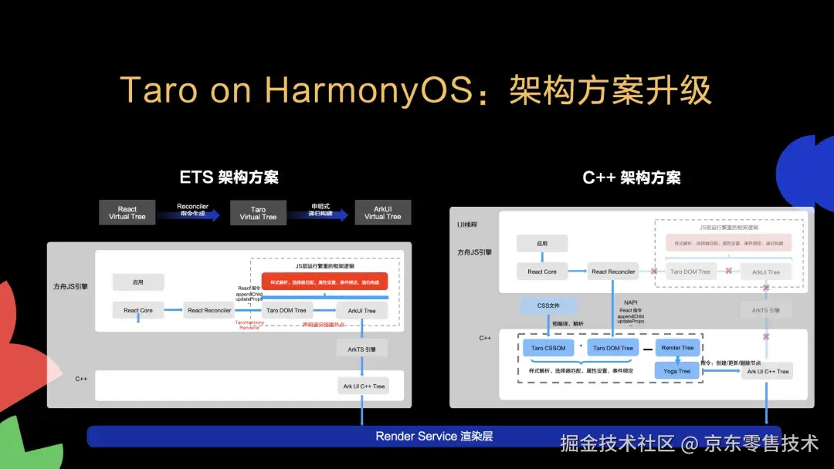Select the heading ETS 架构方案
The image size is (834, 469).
pyautogui.click(x=229, y=177)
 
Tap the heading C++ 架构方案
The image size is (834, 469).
pyautogui.click(x=631, y=177)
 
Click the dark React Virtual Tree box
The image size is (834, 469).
pyautogui.click(x=127, y=213)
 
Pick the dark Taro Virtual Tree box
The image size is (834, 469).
pyautogui.click(x=258, y=213)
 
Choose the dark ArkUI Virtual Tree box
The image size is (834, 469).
pyautogui.click(x=382, y=213)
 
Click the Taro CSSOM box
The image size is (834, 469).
pyautogui.click(x=548, y=348)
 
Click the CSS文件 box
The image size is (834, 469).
pyautogui.click(x=548, y=305)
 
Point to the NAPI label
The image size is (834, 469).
pyautogui.click(x=630, y=303)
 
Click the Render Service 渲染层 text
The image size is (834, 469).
pyautogui.click(x=434, y=436)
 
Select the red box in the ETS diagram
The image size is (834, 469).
pyautogui.click(x=324, y=282)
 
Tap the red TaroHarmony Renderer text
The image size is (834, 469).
pyautogui.click(x=249, y=325)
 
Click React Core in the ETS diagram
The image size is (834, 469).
pyautogui.click(x=138, y=310)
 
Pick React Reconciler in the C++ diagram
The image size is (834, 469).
pyautogui.click(x=613, y=272)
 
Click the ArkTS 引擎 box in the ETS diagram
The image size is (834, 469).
pyautogui.click(x=361, y=349)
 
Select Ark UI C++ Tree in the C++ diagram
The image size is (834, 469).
pyautogui.click(x=767, y=371)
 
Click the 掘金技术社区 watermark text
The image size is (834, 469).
pyautogui.click(x=618, y=444)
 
